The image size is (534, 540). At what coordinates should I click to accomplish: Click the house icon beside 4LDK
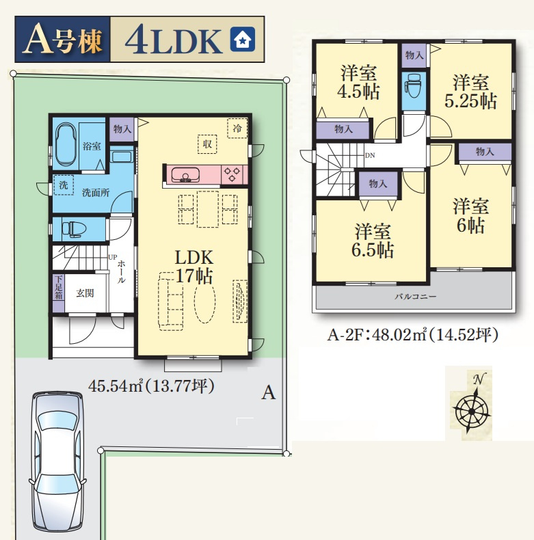[x=243, y=39]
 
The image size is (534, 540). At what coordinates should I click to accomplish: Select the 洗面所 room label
[x=96, y=193]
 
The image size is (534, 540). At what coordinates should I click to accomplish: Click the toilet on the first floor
[x=74, y=229]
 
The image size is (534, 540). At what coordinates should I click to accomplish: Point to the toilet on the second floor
[x=414, y=85]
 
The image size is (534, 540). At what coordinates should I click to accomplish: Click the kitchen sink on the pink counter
[x=185, y=174]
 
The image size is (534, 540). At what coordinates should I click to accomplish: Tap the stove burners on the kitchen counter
[x=232, y=174]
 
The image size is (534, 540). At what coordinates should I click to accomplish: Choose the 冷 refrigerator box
[x=237, y=129]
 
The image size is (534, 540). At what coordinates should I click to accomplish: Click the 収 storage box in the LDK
[x=207, y=144]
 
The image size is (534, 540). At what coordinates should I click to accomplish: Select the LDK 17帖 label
[x=194, y=267]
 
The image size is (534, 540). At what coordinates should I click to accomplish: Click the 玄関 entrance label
[x=85, y=293]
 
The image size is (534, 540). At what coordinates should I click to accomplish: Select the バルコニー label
[x=416, y=296]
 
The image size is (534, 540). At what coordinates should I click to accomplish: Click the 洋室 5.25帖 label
[x=470, y=92]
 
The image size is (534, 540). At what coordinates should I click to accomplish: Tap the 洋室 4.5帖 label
[x=359, y=82]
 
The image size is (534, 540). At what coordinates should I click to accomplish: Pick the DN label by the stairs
[x=370, y=155]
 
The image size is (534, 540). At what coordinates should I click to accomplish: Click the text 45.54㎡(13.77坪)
[x=152, y=386]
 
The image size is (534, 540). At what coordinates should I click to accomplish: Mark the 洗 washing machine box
[x=64, y=185]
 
